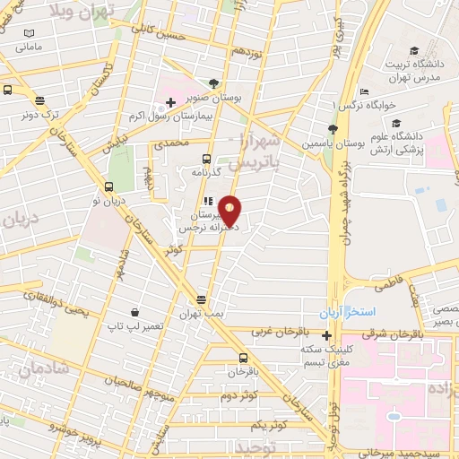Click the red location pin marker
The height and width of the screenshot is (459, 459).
click(x=230, y=211)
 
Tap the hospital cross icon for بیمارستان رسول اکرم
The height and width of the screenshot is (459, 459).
click(x=171, y=102)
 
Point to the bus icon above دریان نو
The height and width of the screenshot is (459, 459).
click(x=109, y=187)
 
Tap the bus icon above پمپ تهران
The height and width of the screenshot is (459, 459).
click(x=203, y=300)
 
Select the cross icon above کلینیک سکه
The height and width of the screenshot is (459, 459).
click(x=326, y=335)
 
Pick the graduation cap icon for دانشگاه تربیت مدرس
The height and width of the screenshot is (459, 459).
click(x=414, y=50)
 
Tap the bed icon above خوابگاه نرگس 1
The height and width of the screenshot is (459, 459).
click(x=363, y=92)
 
